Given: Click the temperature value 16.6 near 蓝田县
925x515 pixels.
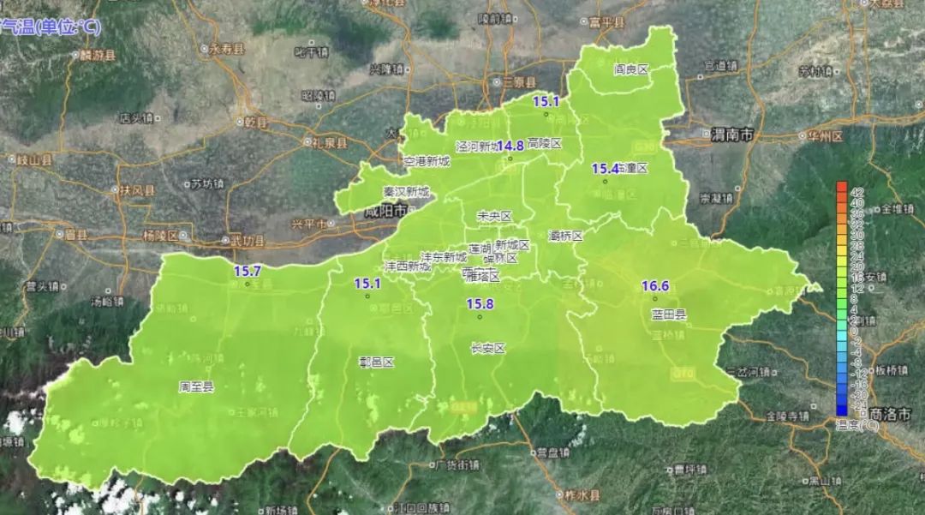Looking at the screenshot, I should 655,285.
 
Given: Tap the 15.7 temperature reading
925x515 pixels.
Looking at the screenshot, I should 248,271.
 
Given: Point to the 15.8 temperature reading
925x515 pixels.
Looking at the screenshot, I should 480,304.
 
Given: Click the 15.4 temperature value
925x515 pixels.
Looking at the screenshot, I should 605,169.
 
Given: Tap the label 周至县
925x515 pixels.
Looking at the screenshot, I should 196,386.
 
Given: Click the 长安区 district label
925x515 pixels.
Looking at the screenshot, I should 488,349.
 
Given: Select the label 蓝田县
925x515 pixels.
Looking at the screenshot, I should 669,314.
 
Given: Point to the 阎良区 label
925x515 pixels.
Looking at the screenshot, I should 632,69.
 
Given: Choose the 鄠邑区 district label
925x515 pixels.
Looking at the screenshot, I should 376,362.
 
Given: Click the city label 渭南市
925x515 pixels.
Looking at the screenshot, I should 732,135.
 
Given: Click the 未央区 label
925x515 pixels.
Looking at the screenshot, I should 494,216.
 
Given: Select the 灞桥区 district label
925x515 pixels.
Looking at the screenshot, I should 565,235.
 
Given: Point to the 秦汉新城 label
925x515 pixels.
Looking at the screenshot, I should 407,191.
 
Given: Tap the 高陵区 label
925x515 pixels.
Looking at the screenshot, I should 545,143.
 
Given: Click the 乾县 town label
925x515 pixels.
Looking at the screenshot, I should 254,122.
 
